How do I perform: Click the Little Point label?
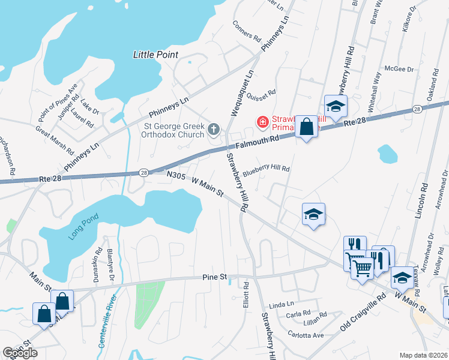[155, 55]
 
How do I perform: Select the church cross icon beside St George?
[214, 129]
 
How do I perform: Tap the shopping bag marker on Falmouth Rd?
[306, 127]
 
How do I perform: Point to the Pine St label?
[214, 277]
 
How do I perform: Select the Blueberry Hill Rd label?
[266, 170]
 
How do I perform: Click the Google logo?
[20, 353]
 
